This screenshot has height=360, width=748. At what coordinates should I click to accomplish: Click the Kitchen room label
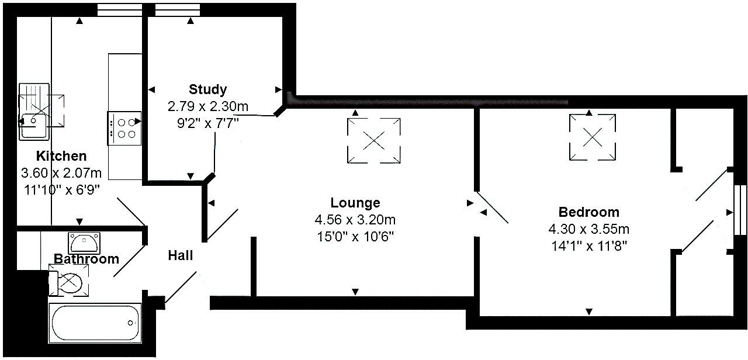[x=61, y=156]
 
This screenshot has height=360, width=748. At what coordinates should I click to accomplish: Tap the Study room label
[x=207, y=89]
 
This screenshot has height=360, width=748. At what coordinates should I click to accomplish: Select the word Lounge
[x=355, y=203]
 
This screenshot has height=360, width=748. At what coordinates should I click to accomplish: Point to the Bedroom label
[x=588, y=212]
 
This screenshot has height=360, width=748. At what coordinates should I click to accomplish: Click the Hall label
[x=181, y=255]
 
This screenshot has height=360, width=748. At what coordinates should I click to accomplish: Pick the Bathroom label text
[x=86, y=259]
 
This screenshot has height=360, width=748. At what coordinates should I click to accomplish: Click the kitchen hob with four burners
[x=124, y=128]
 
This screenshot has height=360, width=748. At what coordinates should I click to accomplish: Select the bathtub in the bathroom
[x=95, y=322]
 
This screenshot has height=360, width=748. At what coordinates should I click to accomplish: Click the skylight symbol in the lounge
[x=375, y=140]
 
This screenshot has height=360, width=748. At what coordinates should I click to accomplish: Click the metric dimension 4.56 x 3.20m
[x=355, y=220]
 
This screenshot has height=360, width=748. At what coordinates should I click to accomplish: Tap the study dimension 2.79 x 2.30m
[x=207, y=107]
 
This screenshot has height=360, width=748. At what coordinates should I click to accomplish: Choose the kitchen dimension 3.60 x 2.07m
[x=61, y=173]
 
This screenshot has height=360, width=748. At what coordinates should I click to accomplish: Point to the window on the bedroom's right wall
[x=739, y=210]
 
